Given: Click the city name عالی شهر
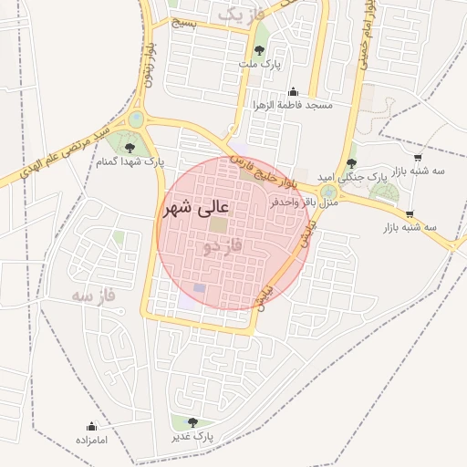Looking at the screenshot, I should coord(197,209).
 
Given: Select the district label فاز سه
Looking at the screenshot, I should coord(96,296).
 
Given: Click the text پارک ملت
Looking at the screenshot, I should coord(262,65).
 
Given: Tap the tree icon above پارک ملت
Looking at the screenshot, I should coord(262,51).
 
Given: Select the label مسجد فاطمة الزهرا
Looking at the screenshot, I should coord(294,106).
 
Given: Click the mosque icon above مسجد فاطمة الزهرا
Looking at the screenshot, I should coord(293,92).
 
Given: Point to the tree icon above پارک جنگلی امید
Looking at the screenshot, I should coord(351,162).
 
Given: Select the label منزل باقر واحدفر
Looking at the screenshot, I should coord(304,202).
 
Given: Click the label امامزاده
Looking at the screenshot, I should coord(91,440).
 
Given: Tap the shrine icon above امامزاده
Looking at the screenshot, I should coord(91,426).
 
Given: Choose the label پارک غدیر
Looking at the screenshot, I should coord(192,435).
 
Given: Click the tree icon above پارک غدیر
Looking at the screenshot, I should coord(192,421).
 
